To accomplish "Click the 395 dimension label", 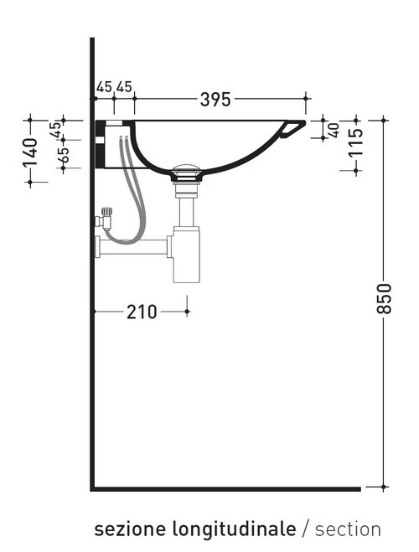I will (215, 100).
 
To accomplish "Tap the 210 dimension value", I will (142, 312).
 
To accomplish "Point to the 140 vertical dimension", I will (30, 151).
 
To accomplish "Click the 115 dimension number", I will (356, 144).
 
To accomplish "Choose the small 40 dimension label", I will (333, 129).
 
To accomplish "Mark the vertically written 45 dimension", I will (56, 129).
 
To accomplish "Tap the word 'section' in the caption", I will (348, 529).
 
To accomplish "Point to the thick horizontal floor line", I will (226, 488).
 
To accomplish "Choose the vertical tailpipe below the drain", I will (185, 205).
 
